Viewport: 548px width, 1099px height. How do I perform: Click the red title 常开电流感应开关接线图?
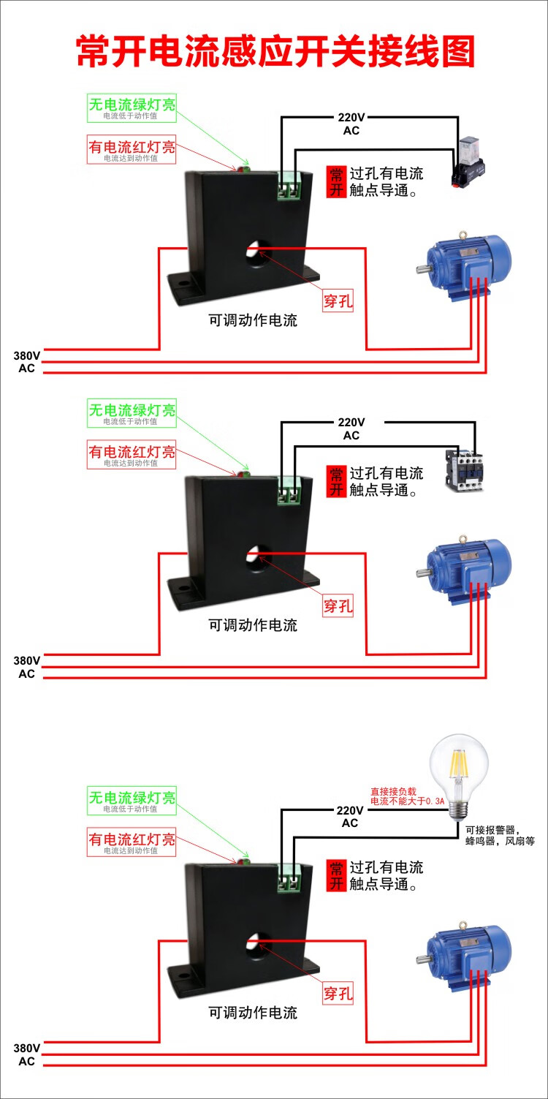(x=275, y=52)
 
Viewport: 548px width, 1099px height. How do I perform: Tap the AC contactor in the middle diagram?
(x=464, y=468)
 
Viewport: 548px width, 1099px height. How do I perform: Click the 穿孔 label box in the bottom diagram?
(x=338, y=993)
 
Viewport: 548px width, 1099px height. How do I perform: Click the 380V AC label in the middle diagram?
(x=27, y=666)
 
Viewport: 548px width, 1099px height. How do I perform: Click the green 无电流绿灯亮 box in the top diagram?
(x=132, y=107)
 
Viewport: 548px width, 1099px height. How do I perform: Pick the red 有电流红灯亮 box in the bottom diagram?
(x=132, y=842)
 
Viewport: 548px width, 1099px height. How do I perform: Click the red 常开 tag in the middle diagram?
(x=336, y=481)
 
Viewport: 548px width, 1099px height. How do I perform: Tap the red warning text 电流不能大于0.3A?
(x=407, y=797)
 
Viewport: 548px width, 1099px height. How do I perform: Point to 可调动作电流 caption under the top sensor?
(x=253, y=320)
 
